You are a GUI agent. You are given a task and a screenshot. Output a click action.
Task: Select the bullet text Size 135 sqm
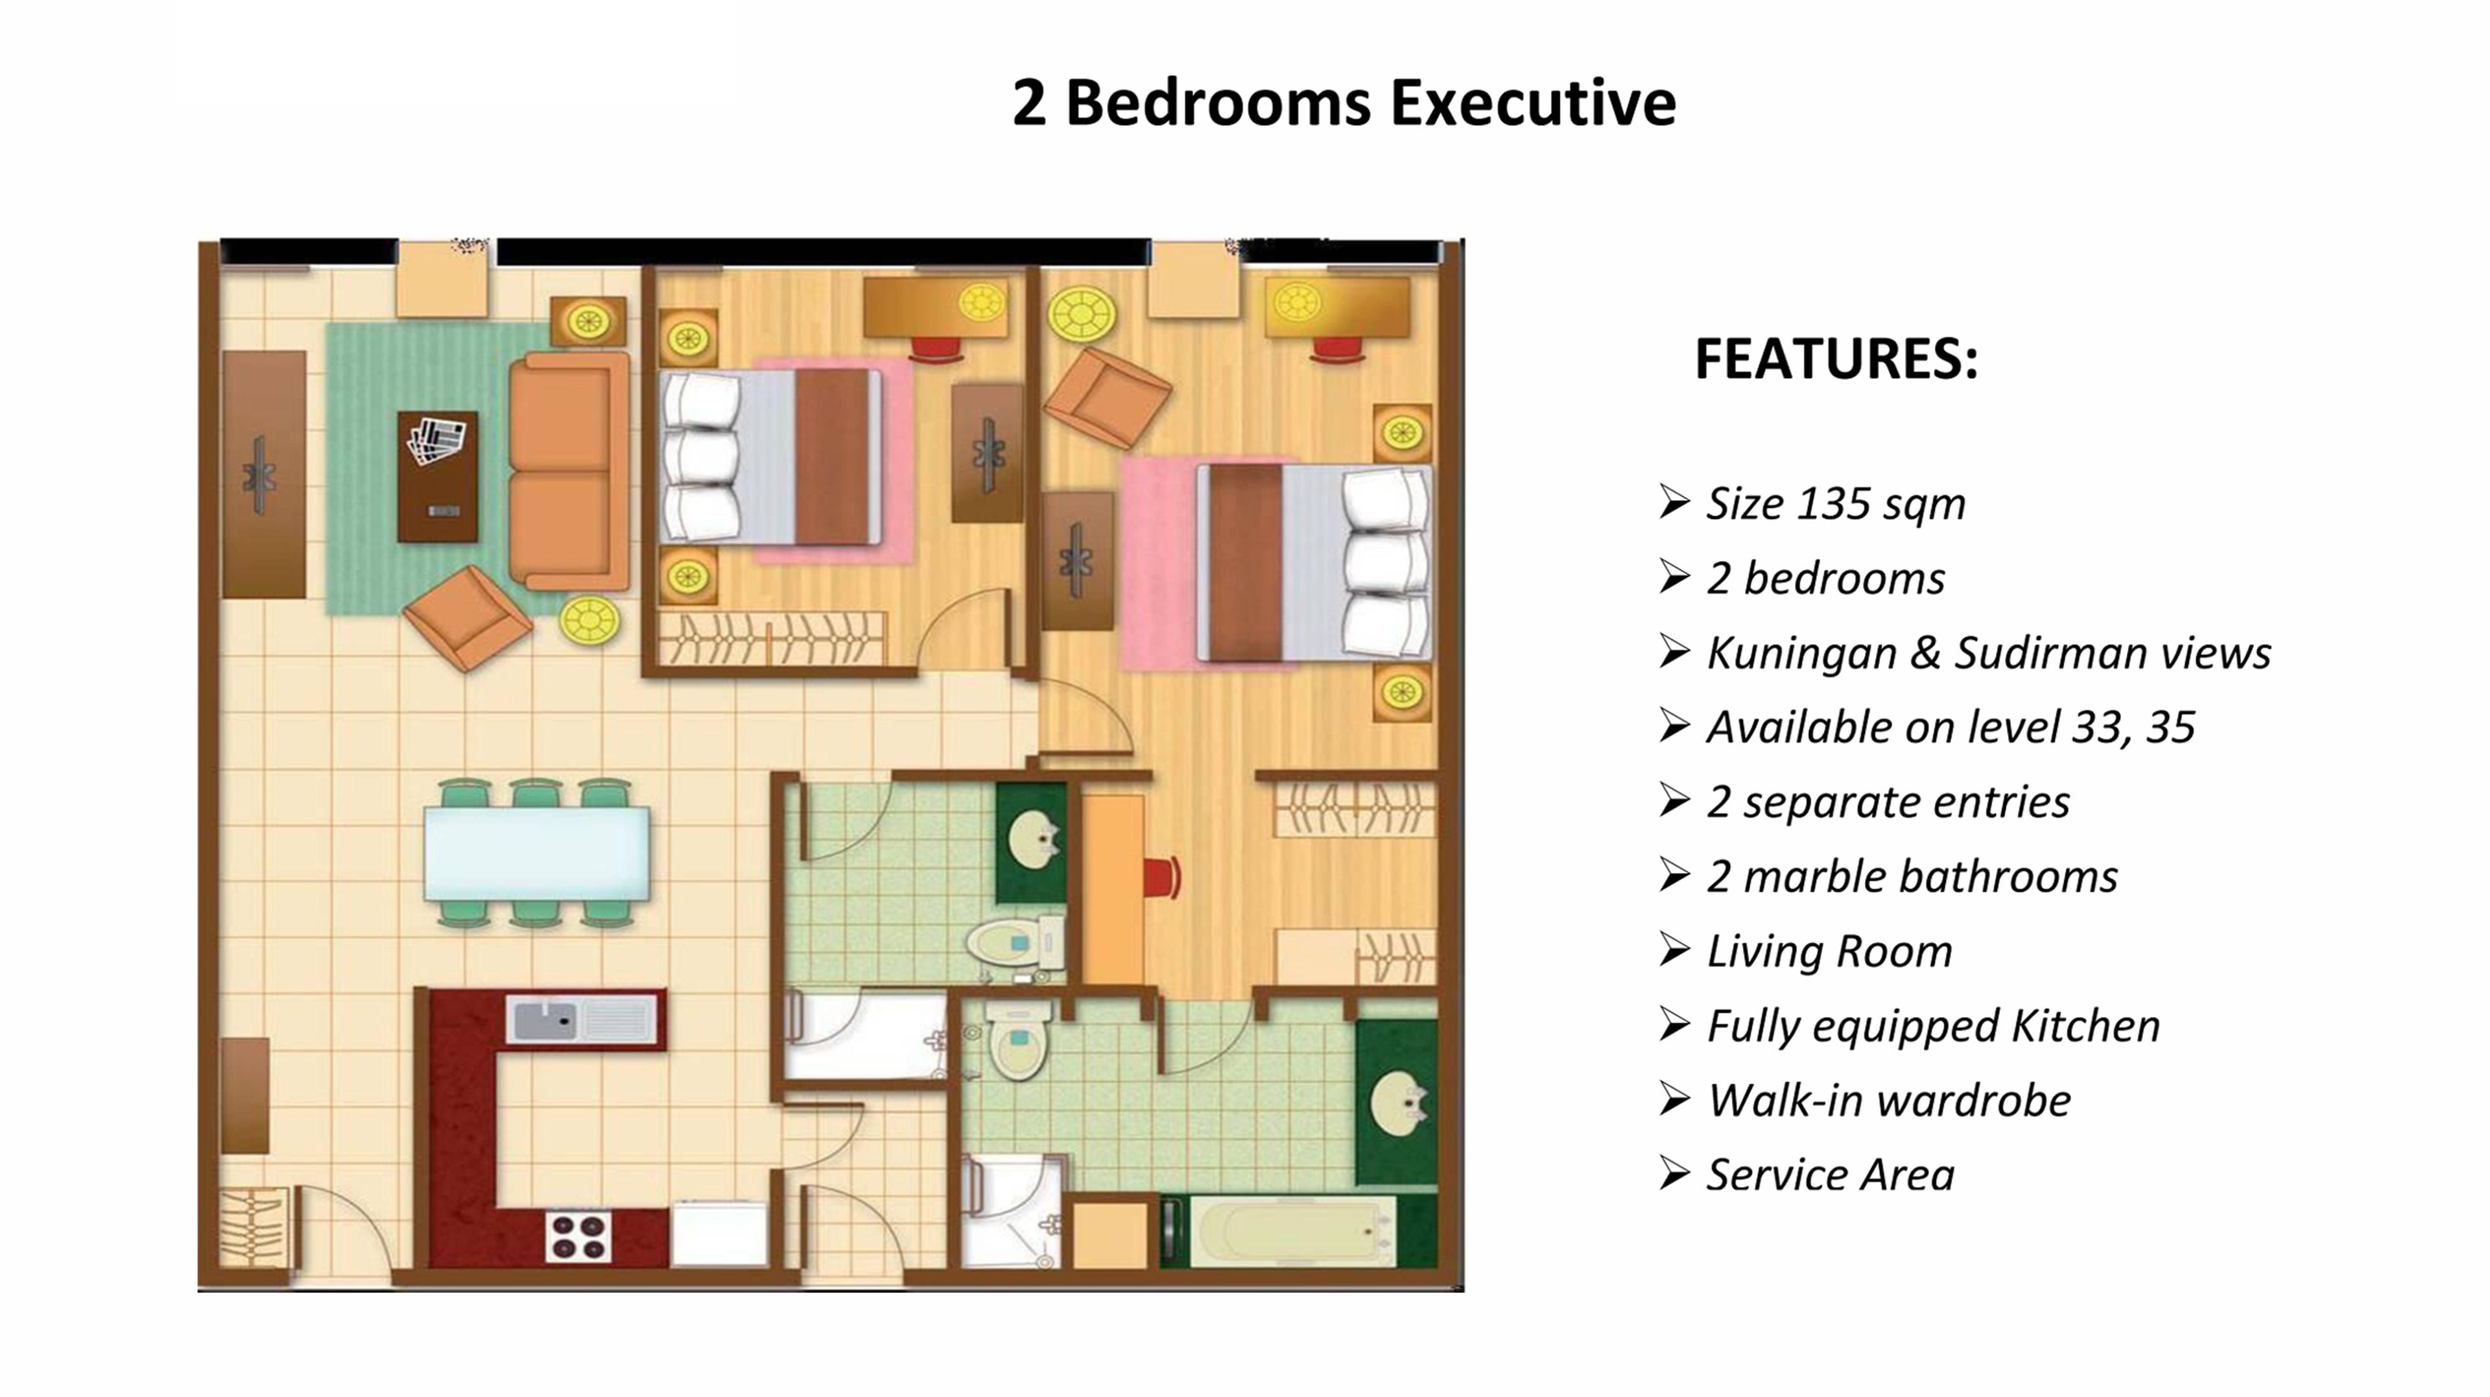1834,504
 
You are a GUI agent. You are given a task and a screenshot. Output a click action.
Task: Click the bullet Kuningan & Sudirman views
1987,652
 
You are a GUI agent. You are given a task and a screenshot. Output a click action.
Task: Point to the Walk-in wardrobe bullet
1888,1100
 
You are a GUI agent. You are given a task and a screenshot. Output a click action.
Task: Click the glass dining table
536,854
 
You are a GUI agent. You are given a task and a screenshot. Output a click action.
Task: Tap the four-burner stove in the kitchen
578,1237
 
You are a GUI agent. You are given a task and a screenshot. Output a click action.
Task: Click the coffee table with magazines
437,477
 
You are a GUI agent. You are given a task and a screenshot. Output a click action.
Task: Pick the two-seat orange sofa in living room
569,471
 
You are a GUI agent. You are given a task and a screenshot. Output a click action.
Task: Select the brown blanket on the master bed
1245,563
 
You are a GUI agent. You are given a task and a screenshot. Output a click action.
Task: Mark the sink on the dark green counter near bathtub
1399,1103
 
